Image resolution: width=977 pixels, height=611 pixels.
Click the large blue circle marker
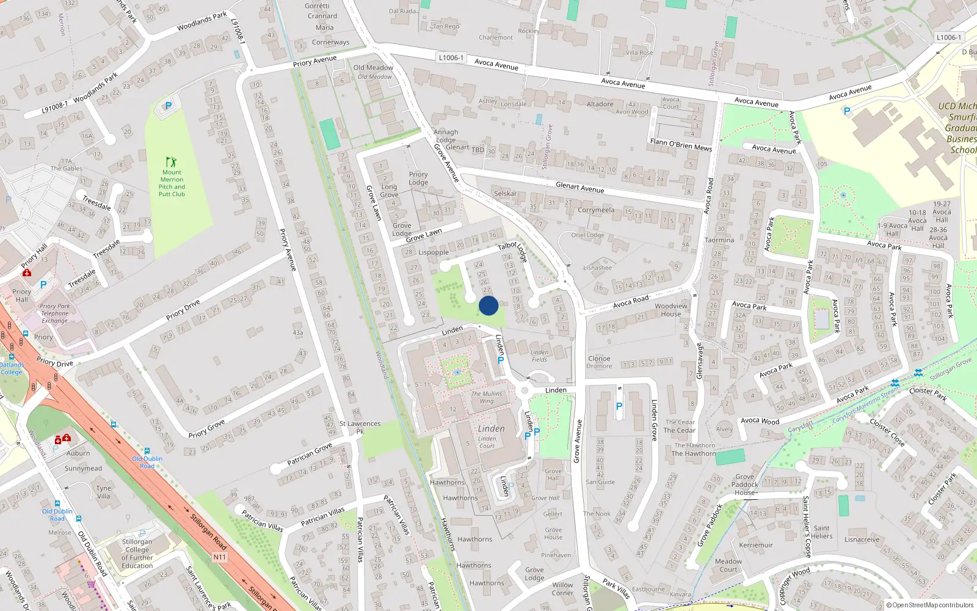coord(488,305)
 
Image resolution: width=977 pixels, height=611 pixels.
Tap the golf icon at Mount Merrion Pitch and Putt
coord(171,163)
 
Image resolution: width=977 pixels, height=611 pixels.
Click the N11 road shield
coord(220,557)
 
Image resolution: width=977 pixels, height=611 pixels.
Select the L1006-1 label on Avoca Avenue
coord(451,57)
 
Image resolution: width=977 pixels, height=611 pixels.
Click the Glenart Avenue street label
coord(579,188)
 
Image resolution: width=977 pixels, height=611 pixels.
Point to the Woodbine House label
coord(670,310)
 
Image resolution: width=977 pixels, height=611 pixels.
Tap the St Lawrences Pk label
coord(360,427)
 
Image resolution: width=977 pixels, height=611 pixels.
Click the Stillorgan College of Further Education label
coord(137,554)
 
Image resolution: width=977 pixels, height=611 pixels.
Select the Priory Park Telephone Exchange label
coord(55,313)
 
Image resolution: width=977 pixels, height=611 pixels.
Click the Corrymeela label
coord(596,210)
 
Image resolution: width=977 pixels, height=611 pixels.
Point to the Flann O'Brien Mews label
coord(681,145)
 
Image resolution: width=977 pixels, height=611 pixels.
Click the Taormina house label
coord(719,240)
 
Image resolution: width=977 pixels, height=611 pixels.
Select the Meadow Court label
coord(728,565)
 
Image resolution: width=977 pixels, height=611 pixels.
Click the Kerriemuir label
coord(756,545)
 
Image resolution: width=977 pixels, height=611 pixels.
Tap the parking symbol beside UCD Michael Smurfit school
coord(846,111)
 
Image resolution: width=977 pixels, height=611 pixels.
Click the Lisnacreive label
coord(862,540)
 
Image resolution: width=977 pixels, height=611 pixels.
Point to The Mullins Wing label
coord(487,397)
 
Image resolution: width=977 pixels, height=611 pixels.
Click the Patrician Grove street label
coord(310,453)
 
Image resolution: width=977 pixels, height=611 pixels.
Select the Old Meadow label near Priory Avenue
coord(373,68)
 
